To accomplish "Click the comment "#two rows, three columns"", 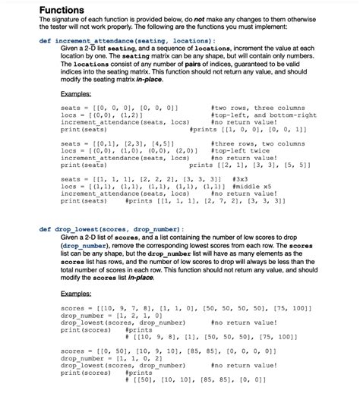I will tap(259, 109).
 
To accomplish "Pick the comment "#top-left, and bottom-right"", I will tap(264, 115).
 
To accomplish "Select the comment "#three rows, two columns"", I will tap(259, 144).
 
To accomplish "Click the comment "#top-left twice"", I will tap(241, 150).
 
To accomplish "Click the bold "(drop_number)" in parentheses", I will tap(84, 246).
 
